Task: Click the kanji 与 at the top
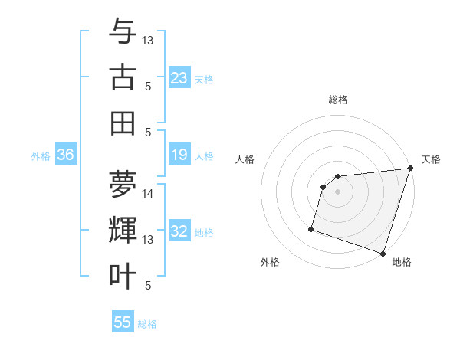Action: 123,32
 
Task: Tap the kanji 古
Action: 123,77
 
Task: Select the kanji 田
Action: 123,123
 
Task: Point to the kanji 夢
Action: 123,184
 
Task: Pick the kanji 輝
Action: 123,230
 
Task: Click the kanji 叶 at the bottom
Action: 123,276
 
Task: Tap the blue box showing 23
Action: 179,78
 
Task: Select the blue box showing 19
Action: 179,155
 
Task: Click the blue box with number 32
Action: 179,232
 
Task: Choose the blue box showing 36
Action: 66,155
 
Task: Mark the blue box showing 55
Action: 123,322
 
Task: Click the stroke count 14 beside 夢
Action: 148,194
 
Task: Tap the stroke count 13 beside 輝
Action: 148,240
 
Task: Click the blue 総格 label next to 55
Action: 147,324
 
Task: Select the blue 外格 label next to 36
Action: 41,156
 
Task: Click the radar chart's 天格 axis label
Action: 431,159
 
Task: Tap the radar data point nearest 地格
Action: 383,253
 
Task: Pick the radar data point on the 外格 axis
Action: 311,228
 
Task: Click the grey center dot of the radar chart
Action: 337,191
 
